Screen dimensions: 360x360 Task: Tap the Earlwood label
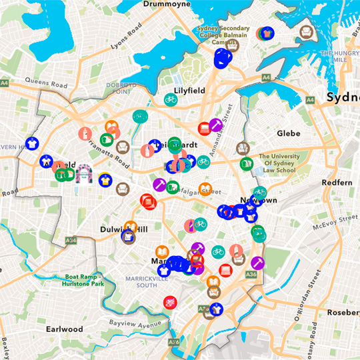coord(65,329)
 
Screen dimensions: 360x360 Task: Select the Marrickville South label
coord(156,281)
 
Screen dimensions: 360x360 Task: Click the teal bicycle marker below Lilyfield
coord(171,99)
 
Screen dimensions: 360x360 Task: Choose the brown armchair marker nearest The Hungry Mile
coord(306,31)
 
